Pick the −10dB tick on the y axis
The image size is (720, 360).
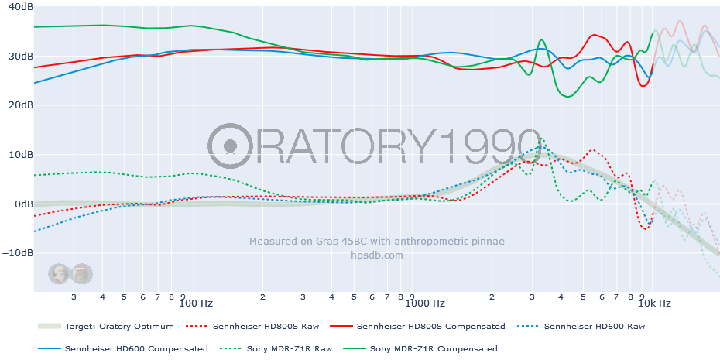tap(18, 252)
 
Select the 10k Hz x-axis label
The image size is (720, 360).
tap(655, 303)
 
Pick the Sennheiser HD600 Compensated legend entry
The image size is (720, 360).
tap(136, 348)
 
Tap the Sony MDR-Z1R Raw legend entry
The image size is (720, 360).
tap(290, 348)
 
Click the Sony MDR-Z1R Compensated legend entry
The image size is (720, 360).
tap(434, 348)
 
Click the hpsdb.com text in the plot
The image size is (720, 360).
tap(377, 255)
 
